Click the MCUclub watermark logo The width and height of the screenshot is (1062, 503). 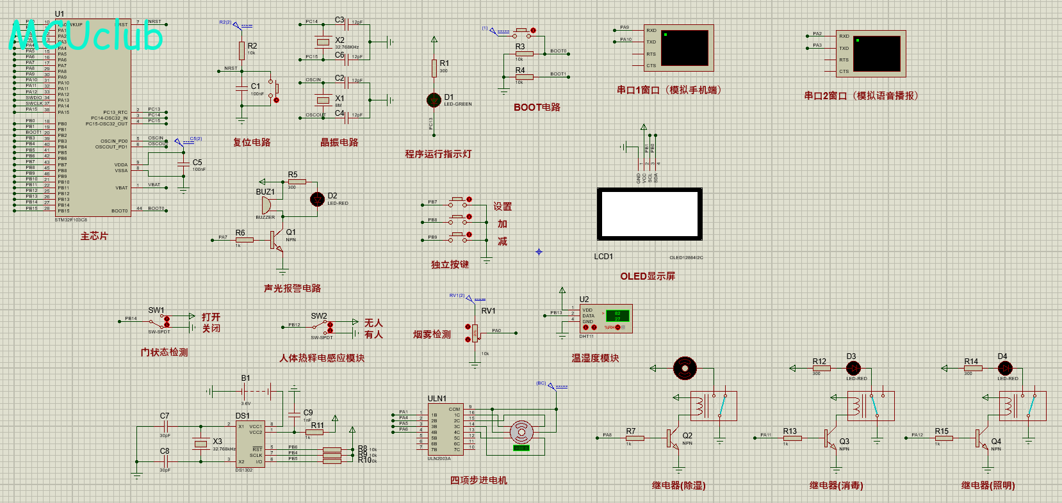(x=86, y=35)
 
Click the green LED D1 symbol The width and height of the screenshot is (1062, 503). (x=434, y=100)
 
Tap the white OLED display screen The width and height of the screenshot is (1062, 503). (x=649, y=214)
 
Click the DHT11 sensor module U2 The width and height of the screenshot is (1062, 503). (x=605, y=319)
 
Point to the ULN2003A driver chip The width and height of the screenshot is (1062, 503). (x=445, y=429)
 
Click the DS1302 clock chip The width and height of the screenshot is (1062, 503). (x=250, y=443)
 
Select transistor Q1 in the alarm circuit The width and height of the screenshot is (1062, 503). (x=277, y=240)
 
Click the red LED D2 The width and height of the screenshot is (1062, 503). (x=317, y=199)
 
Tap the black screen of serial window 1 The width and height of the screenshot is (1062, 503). (x=685, y=47)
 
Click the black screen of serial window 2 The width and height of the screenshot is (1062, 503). (x=877, y=53)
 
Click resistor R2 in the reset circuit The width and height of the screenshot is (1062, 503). (x=241, y=50)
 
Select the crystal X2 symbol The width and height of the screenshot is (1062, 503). (x=323, y=42)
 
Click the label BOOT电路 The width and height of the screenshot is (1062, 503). (x=537, y=108)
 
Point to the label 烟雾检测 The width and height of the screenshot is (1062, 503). (x=432, y=335)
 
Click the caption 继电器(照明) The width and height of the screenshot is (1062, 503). (x=988, y=486)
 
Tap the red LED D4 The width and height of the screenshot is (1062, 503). (x=1005, y=368)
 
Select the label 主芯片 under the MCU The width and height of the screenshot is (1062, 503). (x=94, y=236)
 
